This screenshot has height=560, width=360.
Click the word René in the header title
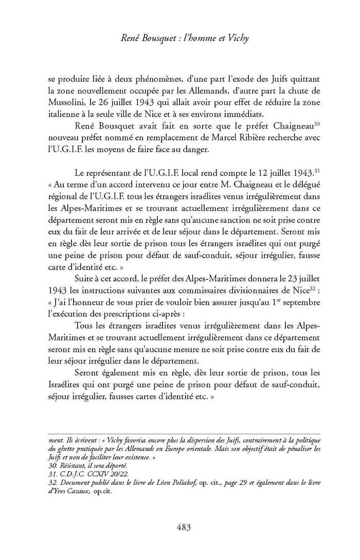(x=127, y=38)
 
